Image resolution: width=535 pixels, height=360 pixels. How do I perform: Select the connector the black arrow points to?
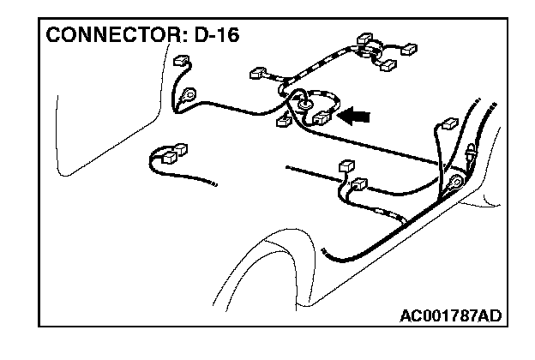click(x=323, y=118)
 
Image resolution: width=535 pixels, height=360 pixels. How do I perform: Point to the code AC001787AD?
click(x=450, y=316)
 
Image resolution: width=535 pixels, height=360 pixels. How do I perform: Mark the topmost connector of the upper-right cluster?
click(x=363, y=39)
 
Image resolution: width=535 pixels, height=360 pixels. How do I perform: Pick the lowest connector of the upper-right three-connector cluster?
click(x=389, y=65)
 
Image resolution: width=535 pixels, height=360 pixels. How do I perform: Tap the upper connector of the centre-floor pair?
click(x=346, y=165)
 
